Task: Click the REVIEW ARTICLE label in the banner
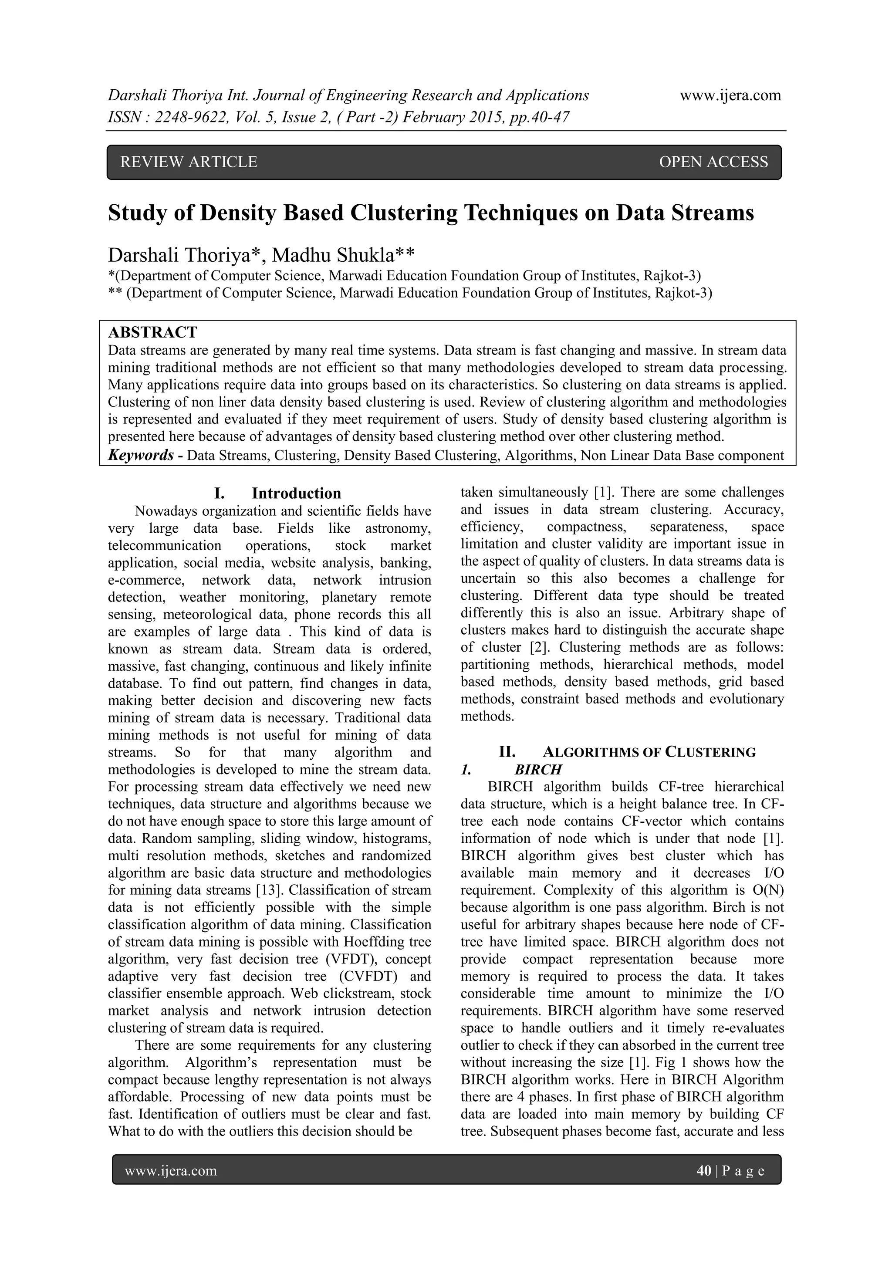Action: coord(189,162)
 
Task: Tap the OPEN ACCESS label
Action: coord(713,162)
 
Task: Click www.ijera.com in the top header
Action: coord(730,95)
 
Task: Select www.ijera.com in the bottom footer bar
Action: coord(171,1171)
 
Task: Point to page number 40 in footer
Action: coord(703,1171)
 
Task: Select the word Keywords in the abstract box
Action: coord(141,455)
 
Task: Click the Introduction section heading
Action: coord(296,493)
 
